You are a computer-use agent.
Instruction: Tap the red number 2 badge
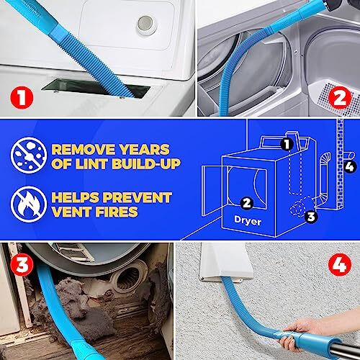click(x=338, y=96)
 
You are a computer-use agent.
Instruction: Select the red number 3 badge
click(x=22, y=264)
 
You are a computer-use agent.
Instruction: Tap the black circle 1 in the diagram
click(x=286, y=144)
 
